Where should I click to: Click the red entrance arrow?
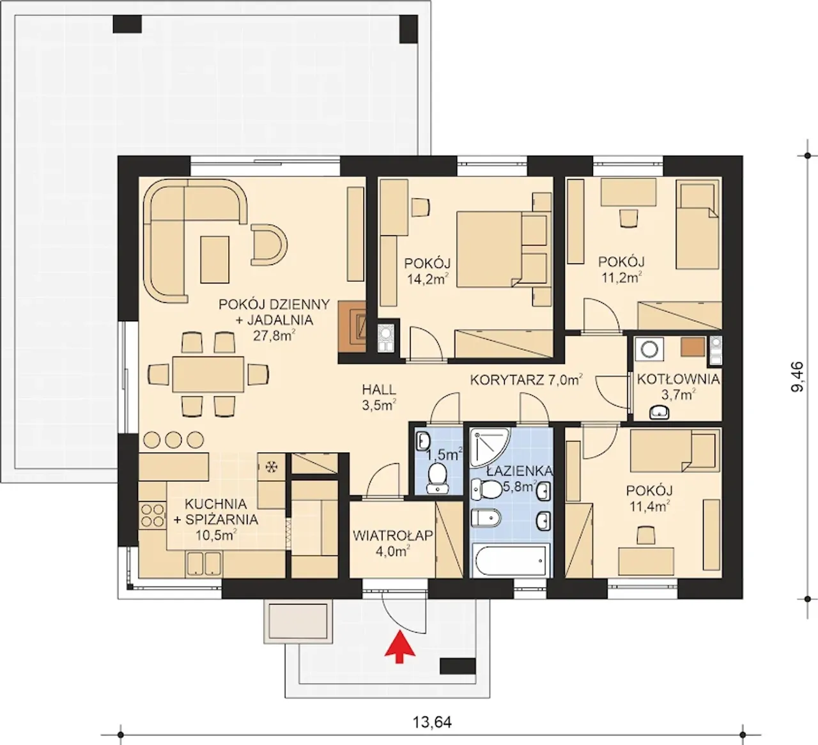399,647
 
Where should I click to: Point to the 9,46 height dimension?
797,376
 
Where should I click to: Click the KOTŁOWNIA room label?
678,380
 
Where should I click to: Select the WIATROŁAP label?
392,535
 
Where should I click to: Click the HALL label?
379,389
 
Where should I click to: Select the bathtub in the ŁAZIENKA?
512,561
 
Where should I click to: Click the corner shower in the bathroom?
489,447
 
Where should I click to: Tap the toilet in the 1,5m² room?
437,480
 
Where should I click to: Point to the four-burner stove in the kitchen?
153,515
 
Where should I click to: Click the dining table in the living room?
208,374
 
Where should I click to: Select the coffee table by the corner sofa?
215,260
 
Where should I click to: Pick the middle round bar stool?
173,440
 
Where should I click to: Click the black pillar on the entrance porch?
458,666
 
